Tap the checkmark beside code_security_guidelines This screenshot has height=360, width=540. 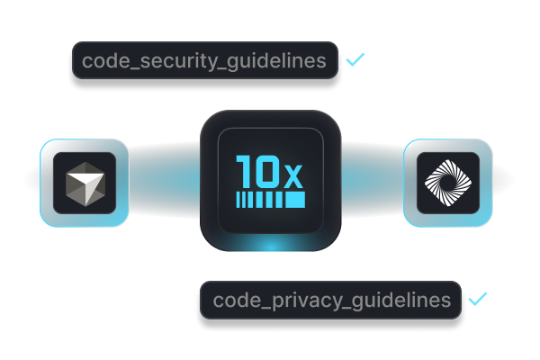[x=356, y=60]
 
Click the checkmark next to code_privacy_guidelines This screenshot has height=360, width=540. [x=477, y=298]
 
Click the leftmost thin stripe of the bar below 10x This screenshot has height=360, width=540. [x=238, y=198]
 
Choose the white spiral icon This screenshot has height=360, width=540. [x=447, y=183]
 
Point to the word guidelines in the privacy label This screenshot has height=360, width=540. [x=403, y=300]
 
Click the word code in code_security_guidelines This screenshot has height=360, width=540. [x=102, y=62]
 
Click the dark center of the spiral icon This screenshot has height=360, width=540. [x=447, y=183]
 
